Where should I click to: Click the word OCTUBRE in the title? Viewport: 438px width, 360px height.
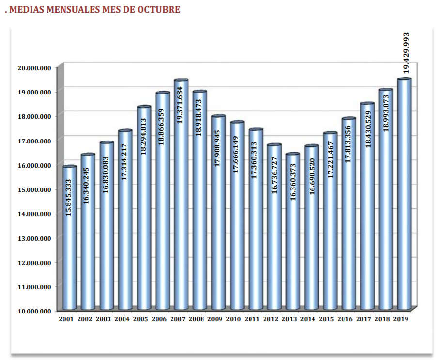(158, 9)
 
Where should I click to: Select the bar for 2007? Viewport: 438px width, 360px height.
(181, 195)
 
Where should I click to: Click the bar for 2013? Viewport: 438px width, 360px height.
(293, 231)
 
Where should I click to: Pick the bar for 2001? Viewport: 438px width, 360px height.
(69, 237)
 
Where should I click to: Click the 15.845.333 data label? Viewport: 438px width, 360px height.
(68, 198)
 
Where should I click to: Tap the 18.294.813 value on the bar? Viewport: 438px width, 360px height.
(143, 137)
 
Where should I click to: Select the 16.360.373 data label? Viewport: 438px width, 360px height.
(293, 182)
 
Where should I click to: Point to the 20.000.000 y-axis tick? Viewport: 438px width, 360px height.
(34, 68)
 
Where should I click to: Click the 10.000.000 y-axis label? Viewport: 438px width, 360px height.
(34, 311)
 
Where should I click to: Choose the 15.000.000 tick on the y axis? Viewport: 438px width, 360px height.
(34, 189)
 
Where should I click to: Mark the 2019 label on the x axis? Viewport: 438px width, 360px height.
(401, 319)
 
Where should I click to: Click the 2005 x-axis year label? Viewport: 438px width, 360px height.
(141, 319)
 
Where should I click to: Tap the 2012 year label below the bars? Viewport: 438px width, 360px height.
(271, 319)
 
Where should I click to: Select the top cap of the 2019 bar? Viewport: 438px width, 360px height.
(405, 79)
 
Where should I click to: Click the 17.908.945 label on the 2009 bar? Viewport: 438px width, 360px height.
(218, 148)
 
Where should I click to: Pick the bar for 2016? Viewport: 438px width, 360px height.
(349, 214)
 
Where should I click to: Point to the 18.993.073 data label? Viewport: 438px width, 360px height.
(386, 113)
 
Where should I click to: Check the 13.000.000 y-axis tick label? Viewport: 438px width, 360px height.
(34, 238)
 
